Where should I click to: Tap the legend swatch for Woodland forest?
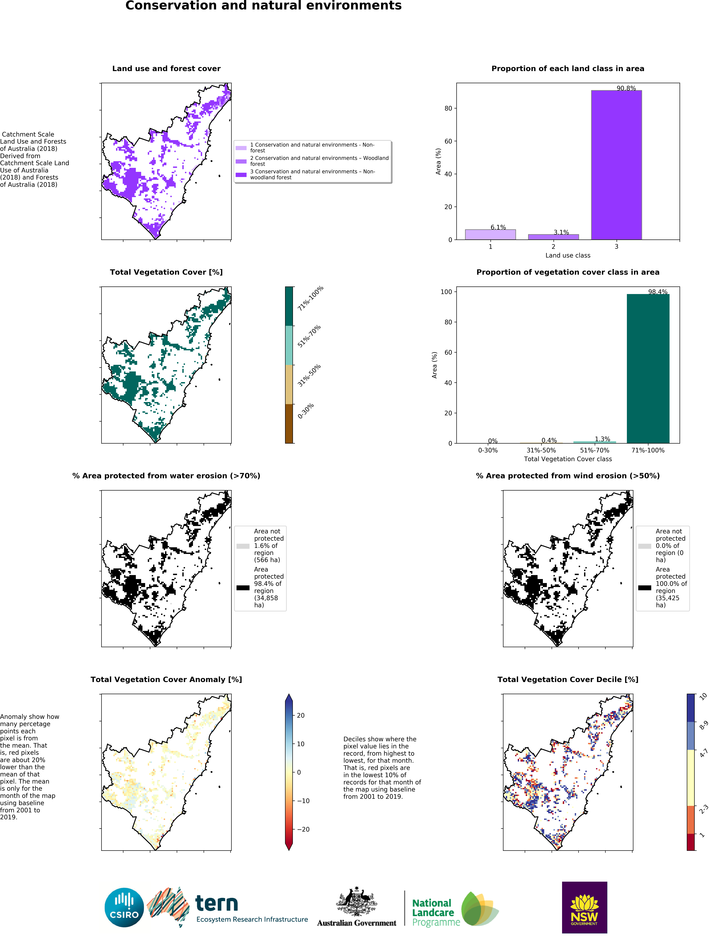(241, 161)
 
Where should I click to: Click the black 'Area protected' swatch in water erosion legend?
(243, 588)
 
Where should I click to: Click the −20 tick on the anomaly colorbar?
(303, 829)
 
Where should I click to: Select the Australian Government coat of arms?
(357, 901)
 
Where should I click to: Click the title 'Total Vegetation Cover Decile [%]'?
(568, 679)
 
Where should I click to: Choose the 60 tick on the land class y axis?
(448, 141)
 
